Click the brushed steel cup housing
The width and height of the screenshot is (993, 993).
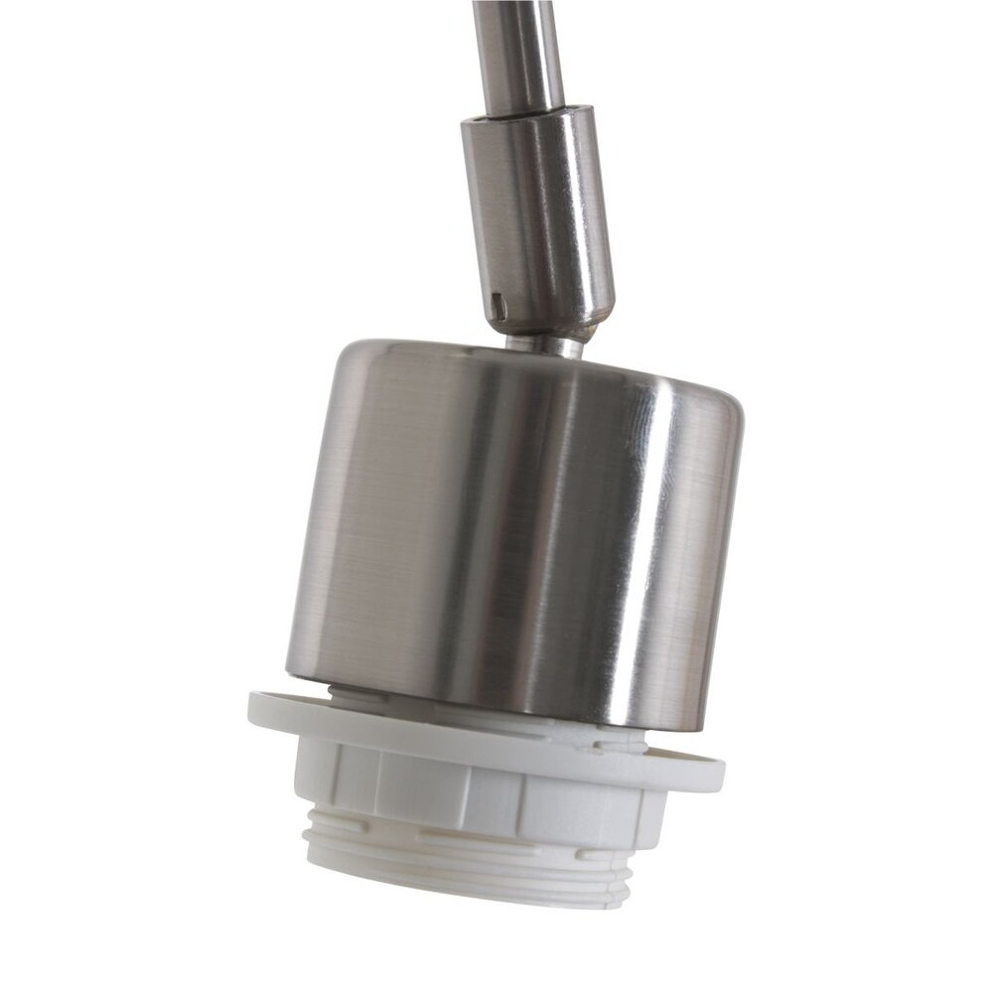516,526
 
